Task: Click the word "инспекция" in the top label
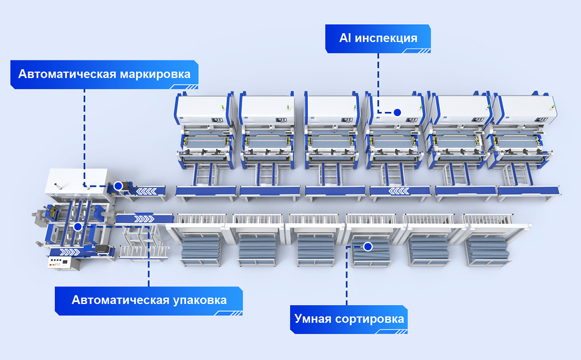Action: click(x=386, y=38)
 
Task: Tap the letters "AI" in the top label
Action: click(x=345, y=38)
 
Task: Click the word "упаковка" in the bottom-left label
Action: click(x=199, y=300)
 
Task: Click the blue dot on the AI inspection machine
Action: click(x=397, y=112)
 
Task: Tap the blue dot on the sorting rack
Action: click(x=367, y=247)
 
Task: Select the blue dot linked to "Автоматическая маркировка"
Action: click(x=118, y=186)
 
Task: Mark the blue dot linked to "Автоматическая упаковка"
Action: click(x=77, y=226)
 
